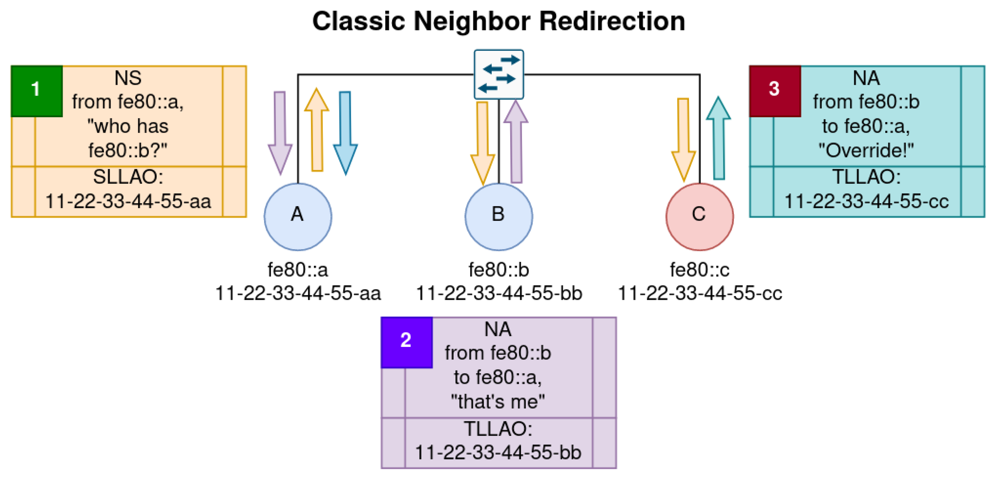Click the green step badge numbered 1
37,91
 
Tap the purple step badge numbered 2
406,342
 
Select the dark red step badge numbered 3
775,91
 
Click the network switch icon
498,74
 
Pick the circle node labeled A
297,217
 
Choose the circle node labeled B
498,217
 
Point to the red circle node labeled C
700,217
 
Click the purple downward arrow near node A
280,132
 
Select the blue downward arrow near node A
345,132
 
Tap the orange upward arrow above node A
317,132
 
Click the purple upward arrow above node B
516,143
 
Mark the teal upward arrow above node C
718,139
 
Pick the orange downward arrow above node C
683,139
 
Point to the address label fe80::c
700,270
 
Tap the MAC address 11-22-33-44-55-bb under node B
498,293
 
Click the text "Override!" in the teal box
866,150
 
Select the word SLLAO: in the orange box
128,177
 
